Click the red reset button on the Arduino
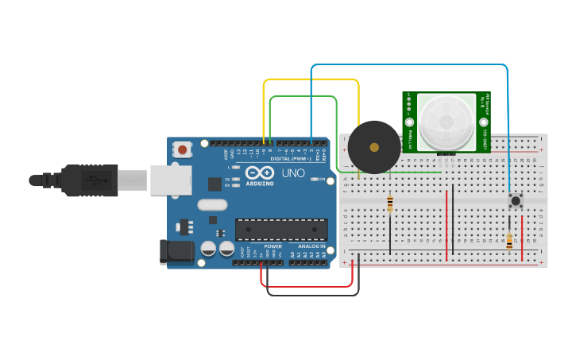184,149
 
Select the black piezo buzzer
373,147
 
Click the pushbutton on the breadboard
516,200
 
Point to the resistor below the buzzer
389,204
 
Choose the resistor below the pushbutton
509,240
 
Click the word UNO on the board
294,172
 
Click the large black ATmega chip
281,230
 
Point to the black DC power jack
176,252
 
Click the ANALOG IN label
310,246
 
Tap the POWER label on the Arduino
273,246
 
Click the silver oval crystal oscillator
212,204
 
